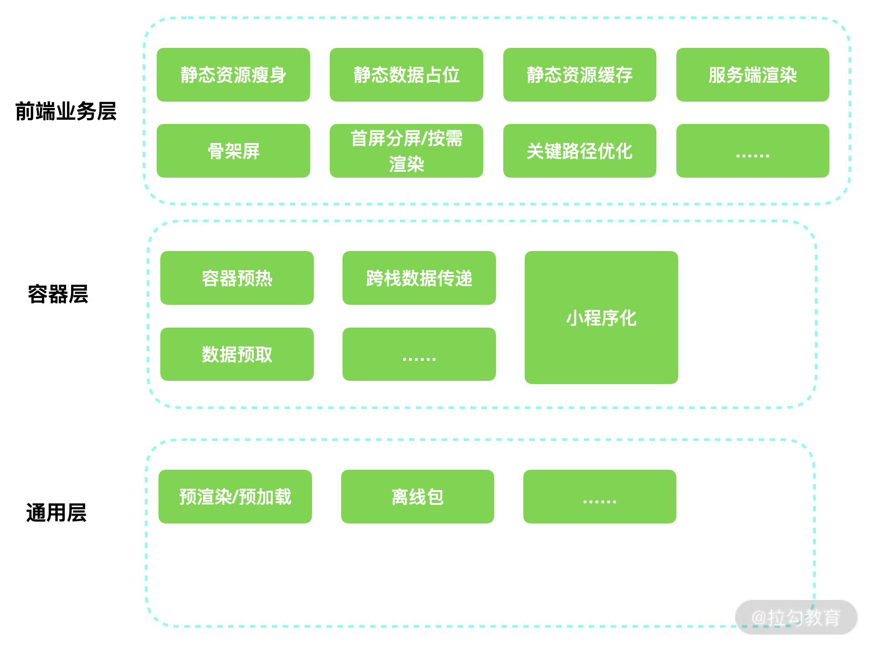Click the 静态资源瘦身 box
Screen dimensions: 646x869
pyautogui.click(x=233, y=75)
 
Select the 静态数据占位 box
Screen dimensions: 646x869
pyautogui.click(x=406, y=75)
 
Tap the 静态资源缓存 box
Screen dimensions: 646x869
pyautogui.click(x=579, y=75)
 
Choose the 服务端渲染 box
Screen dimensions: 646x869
pyautogui.click(x=752, y=75)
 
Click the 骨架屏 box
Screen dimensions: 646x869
pyautogui.click(x=233, y=151)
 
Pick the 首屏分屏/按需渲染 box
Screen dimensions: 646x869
pyautogui.click(x=406, y=151)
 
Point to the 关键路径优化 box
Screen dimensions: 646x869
pyautogui.click(x=579, y=151)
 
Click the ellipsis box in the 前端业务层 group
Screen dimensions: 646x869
pyautogui.click(x=752, y=151)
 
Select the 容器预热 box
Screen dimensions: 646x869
pyautogui.click(x=237, y=278)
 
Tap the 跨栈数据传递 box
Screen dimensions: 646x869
pyautogui.click(x=419, y=278)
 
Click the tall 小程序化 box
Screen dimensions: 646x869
pyautogui.click(x=601, y=318)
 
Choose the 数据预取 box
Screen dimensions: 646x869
pyautogui.click(x=237, y=354)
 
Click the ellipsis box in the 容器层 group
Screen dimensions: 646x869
pyautogui.click(x=419, y=354)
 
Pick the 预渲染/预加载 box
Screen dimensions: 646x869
pyautogui.click(x=235, y=497)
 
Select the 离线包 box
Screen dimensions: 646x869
pyautogui.click(x=417, y=497)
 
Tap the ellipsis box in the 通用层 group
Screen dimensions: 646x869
pyautogui.click(x=599, y=497)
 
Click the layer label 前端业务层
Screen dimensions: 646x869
pyautogui.click(x=66, y=112)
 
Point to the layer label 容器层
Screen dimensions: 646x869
pyautogui.click(x=58, y=294)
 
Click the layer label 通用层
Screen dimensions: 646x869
pyautogui.click(x=56, y=513)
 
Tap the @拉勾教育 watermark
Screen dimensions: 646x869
pyautogui.click(x=796, y=618)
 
